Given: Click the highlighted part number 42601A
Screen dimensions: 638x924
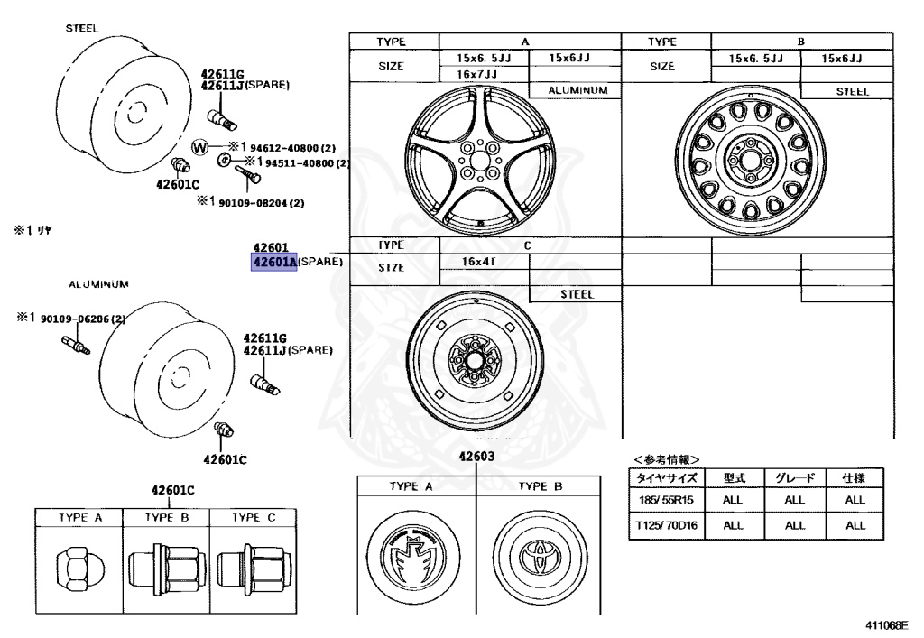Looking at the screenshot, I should coord(274,263).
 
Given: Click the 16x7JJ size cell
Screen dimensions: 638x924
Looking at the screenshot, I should coord(479,74).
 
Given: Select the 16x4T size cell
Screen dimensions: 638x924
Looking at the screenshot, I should coord(482,262).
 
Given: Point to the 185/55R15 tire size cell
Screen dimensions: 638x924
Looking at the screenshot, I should coord(664,499).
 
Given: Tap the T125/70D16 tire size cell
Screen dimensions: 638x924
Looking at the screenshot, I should coord(664,524).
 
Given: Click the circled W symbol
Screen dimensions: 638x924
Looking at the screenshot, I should coord(200,147).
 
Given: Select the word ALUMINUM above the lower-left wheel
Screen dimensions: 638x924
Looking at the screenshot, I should coord(98,283).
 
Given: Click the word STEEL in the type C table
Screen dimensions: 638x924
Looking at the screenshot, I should coord(576,294).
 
